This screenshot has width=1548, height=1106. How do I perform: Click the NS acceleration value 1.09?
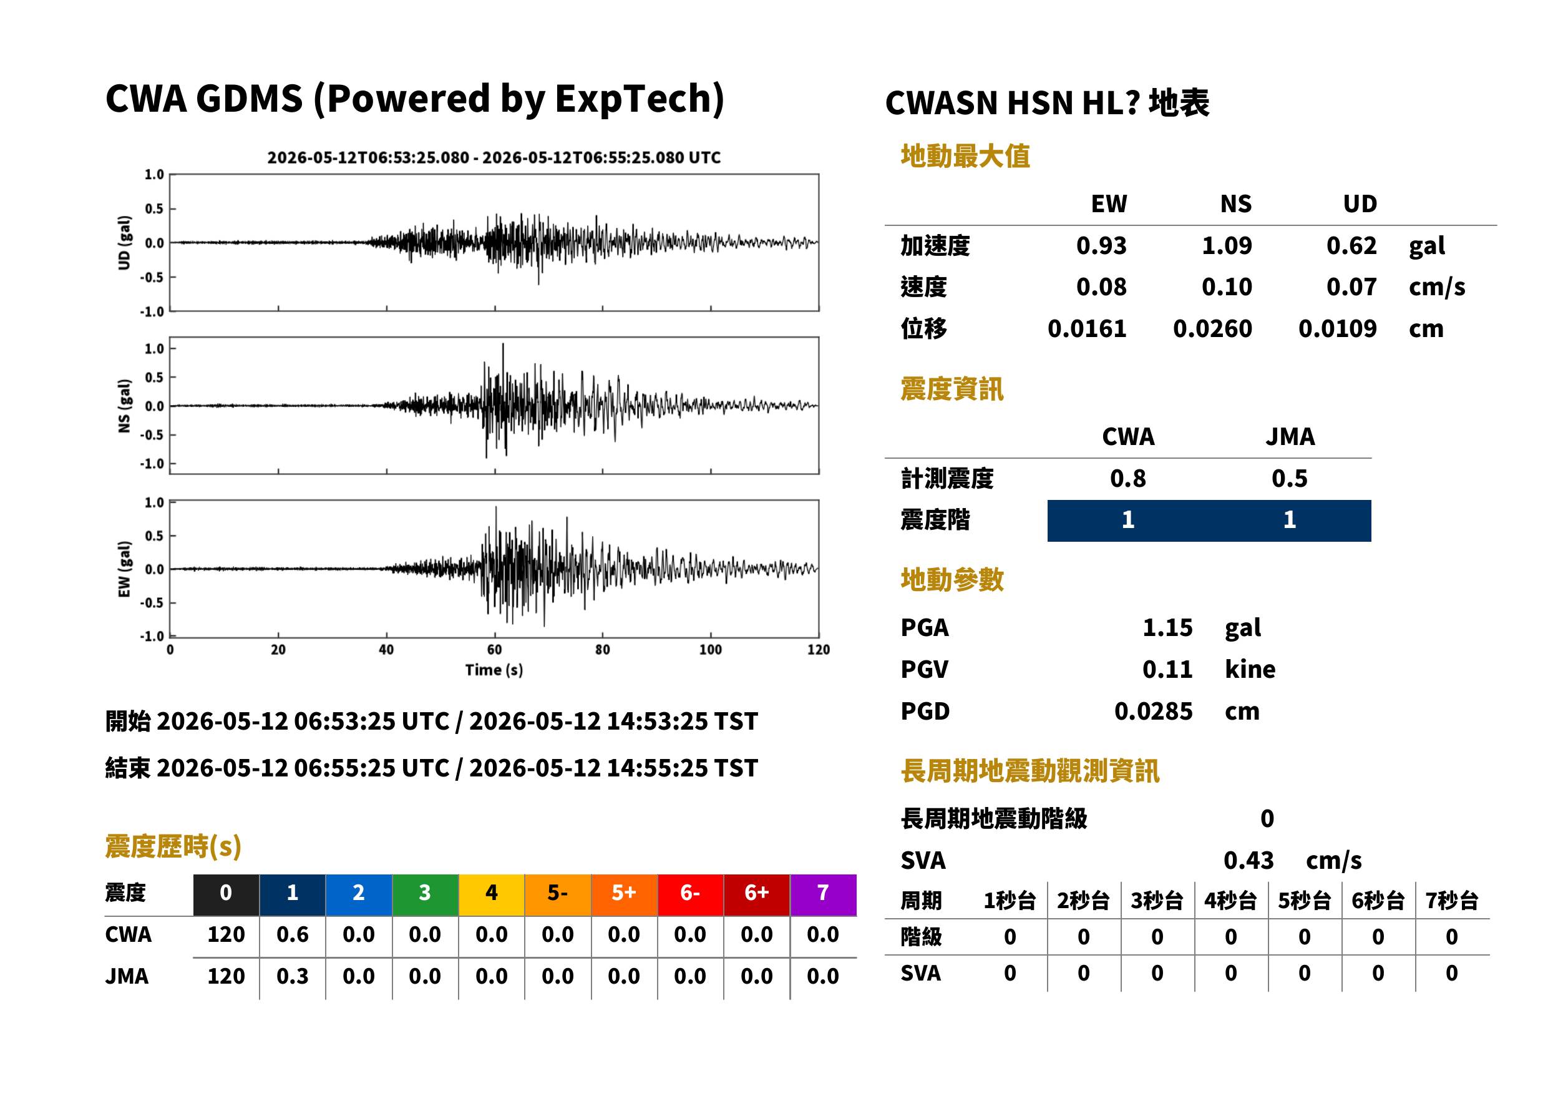[1226, 245]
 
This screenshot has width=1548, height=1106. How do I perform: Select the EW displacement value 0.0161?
[1086, 328]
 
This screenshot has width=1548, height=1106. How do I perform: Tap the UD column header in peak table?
[1360, 203]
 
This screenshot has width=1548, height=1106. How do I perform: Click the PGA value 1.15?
[1167, 627]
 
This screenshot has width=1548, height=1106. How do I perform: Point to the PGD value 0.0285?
[1153, 711]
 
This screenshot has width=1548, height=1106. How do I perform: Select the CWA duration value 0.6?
[292, 934]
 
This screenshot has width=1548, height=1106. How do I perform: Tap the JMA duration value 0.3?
[292, 976]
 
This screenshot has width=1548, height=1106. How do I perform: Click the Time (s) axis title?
[494, 670]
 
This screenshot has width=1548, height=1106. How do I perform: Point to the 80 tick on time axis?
[603, 650]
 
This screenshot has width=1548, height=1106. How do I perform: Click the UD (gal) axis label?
[124, 242]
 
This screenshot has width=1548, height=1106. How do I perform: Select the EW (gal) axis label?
[124, 569]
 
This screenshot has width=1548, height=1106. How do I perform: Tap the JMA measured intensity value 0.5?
[1289, 478]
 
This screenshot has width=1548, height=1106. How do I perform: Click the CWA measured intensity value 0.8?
[1127, 478]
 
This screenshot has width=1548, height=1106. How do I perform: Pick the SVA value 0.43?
[1249, 860]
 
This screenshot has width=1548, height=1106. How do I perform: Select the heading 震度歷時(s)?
[173, 846]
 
